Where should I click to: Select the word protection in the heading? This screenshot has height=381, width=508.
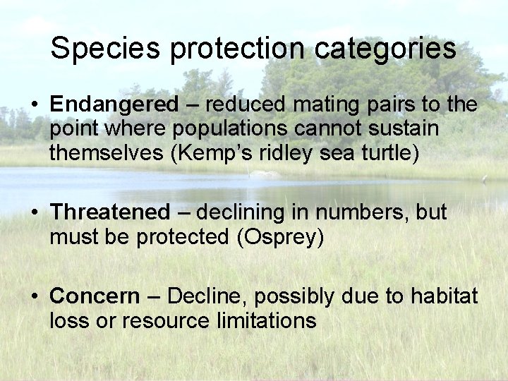pos(237,49)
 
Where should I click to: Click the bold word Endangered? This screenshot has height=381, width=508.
pos(114,104)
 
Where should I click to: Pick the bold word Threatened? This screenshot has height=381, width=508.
pos(110,212)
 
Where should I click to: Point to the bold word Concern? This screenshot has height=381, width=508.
pos(95,296)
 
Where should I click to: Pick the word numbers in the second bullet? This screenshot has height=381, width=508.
pos(366,212)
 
